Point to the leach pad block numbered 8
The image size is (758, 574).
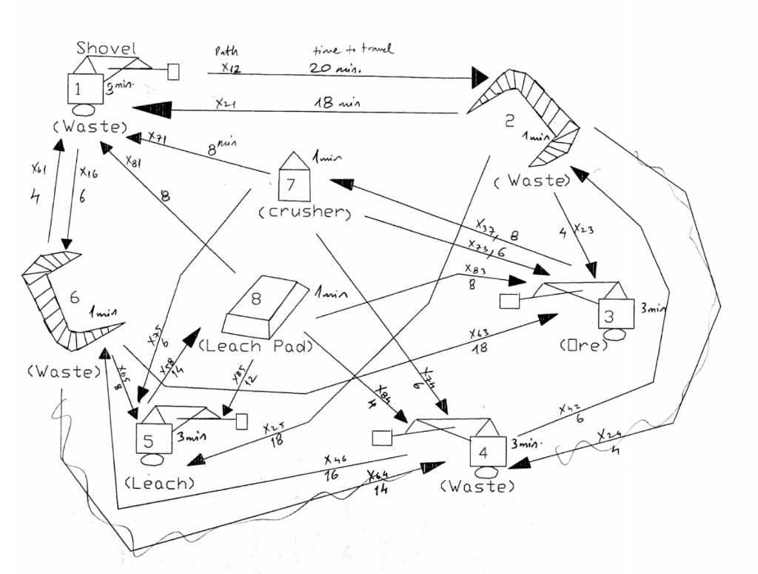264,304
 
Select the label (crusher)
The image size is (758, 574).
303,213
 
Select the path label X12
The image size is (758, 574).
231,67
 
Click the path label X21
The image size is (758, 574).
226,104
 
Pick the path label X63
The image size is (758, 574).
480,333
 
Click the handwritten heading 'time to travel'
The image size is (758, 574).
352,49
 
